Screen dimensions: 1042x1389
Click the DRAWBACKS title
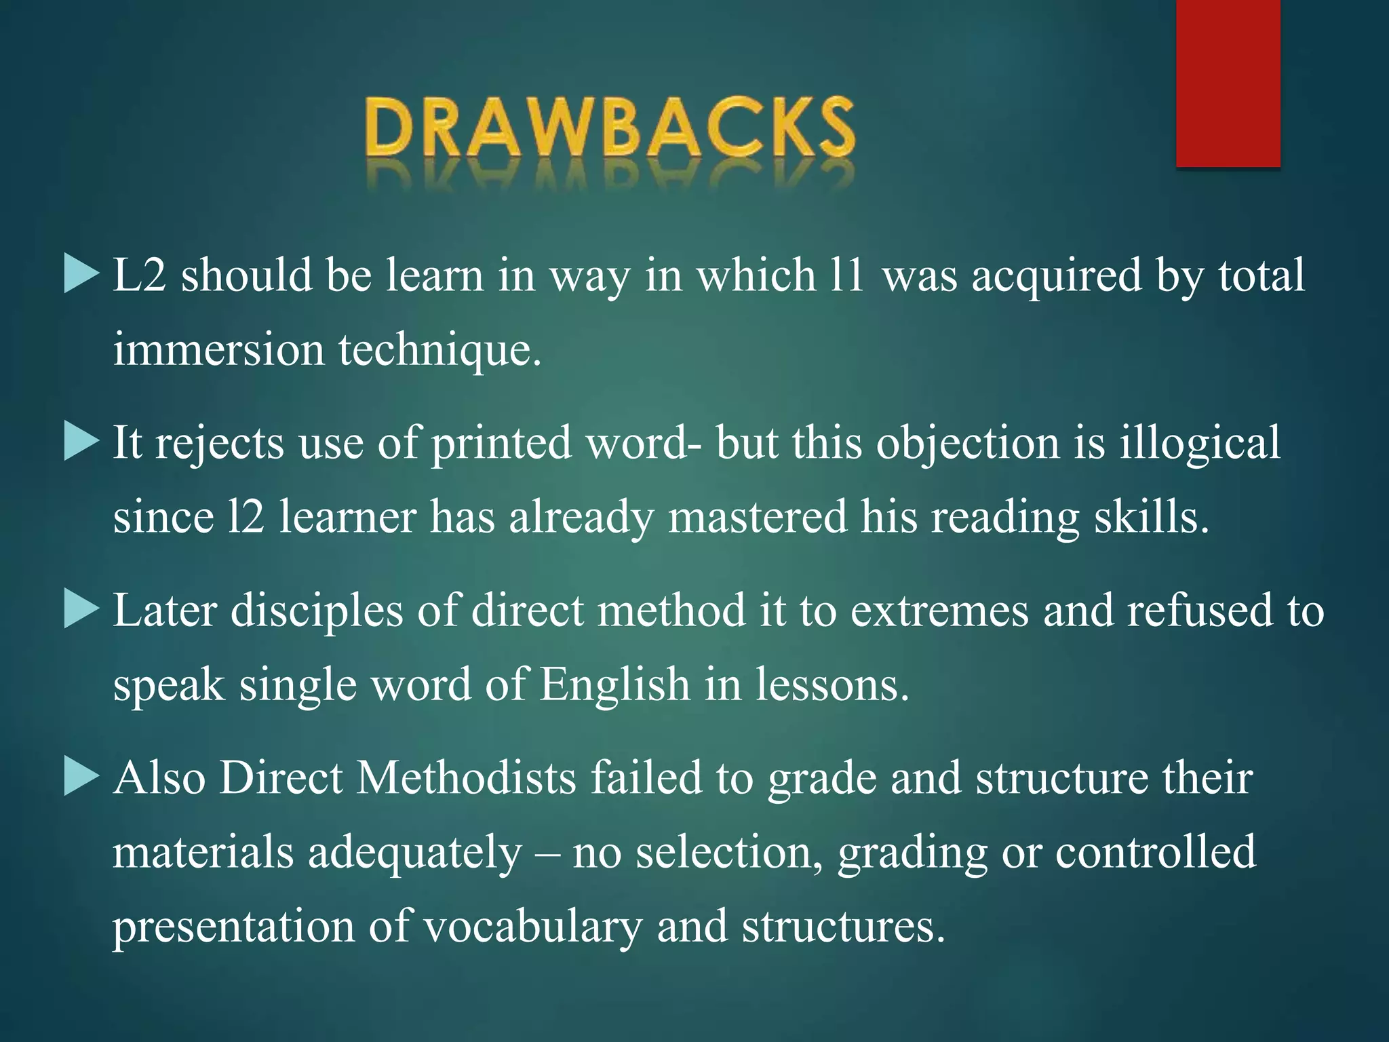tap(609, 129)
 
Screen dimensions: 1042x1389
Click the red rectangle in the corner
tap(1228, 83)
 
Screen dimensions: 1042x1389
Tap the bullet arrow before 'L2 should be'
tap(81, 275)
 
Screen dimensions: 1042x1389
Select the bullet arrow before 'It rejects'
tap(81, 442)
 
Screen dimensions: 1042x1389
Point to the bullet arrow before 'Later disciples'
tap(81, 609)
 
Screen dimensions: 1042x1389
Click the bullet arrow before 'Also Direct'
tap(81, 777)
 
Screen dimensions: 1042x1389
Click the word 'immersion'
tap(218, 350)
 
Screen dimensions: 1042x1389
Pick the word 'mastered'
tap(758, 517)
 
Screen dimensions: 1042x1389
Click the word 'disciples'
tap(317, 611)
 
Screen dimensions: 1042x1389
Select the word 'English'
tap(614, 684)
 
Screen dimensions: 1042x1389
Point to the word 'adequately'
tap(415, 853)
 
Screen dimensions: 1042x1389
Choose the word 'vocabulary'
tap(532, 927)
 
